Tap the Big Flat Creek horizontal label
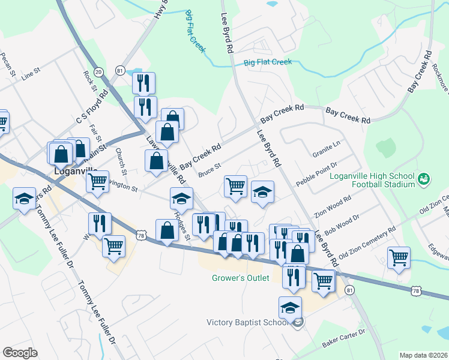[268, 62]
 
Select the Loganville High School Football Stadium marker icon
[424, 179]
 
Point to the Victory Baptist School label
[249, 322]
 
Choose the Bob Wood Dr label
[341, 224]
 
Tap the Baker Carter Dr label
[344, 340]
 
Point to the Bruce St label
[209, 170]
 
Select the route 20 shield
[98, 71]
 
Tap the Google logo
[20, 353]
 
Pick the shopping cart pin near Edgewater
[399, 257]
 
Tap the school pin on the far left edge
[24, 199]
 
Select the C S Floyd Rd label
[91, 106]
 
